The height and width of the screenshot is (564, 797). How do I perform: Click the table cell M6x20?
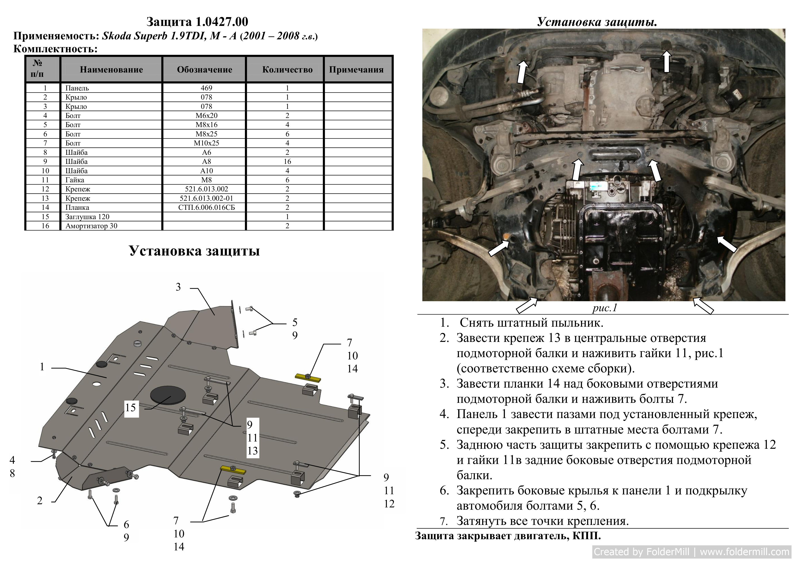coord(206,116)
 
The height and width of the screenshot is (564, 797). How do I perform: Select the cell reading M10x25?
coord(206,143)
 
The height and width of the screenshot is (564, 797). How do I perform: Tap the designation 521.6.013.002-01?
coord(206,198)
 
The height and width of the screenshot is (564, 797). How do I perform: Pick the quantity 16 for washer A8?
coord(287,161)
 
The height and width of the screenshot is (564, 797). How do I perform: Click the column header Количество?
coord(287,70)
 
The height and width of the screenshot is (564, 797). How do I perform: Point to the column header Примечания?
coord(356,70)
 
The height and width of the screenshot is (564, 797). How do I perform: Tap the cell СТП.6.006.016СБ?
coord(206,207)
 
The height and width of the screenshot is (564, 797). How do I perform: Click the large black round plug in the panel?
coord(168,395)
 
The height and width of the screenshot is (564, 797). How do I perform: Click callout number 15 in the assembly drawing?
coord(130,408)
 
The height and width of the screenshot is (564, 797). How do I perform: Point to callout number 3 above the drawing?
coord(178,287)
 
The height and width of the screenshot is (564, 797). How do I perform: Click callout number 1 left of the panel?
coord(42,367)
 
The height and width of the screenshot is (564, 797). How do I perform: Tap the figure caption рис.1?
coord(605,308)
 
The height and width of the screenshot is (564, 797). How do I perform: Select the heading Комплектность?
coord(55,49)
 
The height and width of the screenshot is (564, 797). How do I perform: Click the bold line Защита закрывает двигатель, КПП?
coord(508,536)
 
